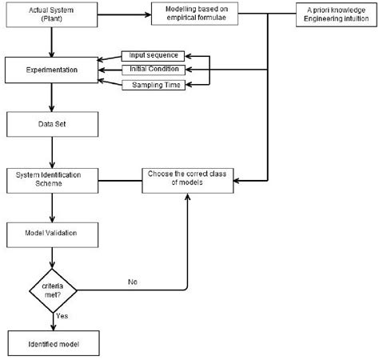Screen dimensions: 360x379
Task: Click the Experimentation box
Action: click(x=52, y=70)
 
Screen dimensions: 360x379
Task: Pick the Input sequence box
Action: click(x=154, y=55)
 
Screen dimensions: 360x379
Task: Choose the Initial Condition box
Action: click(x=154, y=70)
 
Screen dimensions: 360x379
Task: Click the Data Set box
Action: click(x=52, y=125)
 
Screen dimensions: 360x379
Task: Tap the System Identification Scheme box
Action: click(x=52, y=179)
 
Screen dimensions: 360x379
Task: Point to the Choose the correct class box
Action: click(x=186, y=179)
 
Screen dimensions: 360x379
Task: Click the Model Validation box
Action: click(x=52, y=233)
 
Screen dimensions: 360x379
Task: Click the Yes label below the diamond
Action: click(x=62, y=315)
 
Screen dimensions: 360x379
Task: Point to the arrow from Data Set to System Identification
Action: click(x=52, y=151)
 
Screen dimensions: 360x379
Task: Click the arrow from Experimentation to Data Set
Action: click(x=52, y=97)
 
